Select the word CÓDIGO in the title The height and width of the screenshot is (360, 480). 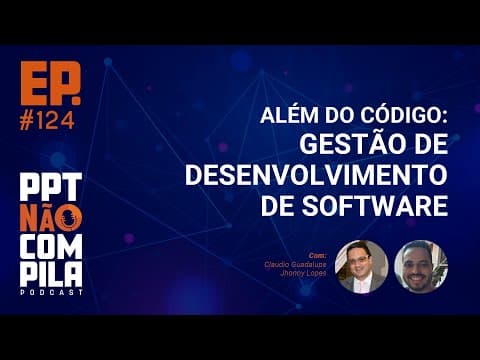tap(409, 117)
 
